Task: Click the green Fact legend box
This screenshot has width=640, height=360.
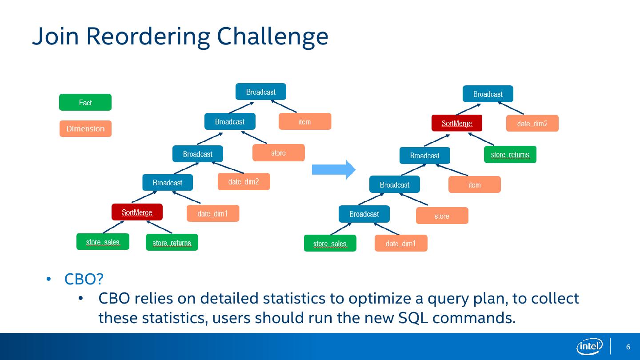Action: point(85,102)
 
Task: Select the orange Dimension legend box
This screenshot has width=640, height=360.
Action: point(85,129)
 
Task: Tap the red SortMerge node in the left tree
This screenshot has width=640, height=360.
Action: point(137,212)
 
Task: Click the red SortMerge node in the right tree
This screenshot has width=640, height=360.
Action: point(456,123)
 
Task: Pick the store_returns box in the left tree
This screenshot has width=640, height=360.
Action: point(172,242)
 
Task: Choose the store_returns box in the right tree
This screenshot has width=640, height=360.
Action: point(510,154)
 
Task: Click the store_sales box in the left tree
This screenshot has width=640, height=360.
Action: point(103,242)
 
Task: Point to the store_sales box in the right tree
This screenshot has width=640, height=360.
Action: point(330,243)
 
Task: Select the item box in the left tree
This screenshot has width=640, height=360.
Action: point(304,121)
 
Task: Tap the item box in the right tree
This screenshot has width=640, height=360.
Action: point(474,184)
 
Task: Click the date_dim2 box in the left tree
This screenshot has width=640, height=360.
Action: point(244,181)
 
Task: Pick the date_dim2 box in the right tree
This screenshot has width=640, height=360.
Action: point(532,123)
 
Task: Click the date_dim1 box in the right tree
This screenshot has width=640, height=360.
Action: point(401,243)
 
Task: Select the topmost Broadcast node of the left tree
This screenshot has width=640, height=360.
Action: point(260,92)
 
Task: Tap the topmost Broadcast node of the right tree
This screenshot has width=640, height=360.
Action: point(488,94)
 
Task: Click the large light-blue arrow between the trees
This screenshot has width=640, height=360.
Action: point(333,170)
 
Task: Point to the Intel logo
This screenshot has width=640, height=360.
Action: point(589,346)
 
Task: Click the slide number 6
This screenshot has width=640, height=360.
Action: point(628,347)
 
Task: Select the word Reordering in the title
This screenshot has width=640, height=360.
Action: point(148,36)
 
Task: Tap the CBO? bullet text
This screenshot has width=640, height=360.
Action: point(84,279)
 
